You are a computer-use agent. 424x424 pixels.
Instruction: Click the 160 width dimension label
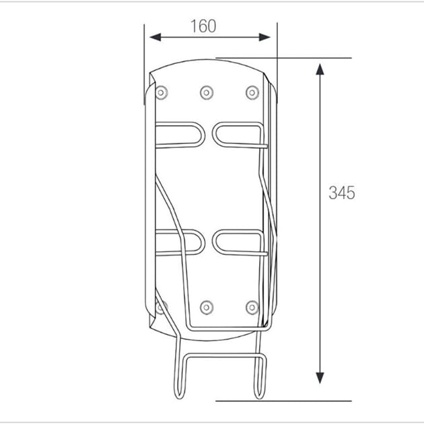[203, 26]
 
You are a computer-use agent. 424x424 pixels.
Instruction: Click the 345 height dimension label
[342, 192]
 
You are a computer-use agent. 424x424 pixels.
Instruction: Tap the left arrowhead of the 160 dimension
[155, 37]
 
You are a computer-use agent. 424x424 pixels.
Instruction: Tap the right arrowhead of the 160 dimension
[264, 37]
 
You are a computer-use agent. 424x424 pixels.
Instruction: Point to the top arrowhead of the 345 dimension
[320, 69]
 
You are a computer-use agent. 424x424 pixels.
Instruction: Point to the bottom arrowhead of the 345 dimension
[320, 378]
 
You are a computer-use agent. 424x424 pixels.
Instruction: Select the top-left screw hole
[161, 93]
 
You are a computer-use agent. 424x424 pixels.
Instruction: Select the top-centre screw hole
[207, 93]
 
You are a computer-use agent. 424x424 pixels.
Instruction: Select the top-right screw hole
[252, 93]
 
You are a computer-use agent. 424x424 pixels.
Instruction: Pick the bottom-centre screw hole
[207, 308]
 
